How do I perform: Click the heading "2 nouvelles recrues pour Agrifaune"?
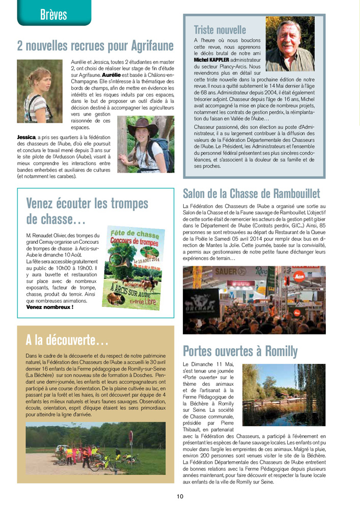click(95, 46)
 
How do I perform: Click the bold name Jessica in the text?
click(26, 137)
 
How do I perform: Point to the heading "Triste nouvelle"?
click(219, 30)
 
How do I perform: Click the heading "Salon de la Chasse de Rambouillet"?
click(251, 193)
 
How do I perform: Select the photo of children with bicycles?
click(95, 444)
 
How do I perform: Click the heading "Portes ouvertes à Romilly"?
click(240, 351)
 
